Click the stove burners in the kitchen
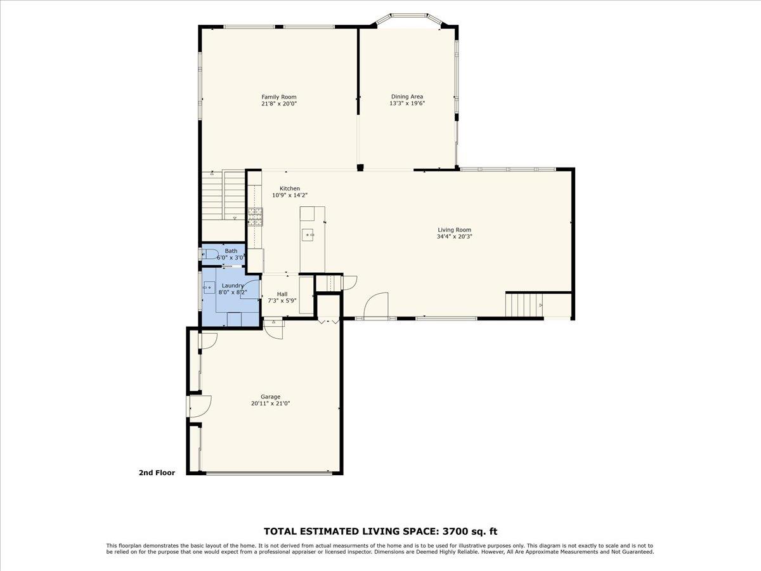[255, 217]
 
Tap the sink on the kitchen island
[308, 235]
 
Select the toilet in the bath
[210, 255]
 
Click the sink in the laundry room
[209, 288]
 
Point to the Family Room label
[279, 97]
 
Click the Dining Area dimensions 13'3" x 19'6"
[407, 103]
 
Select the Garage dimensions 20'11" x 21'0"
[270, 404]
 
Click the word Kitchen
[290, 188]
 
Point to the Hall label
[282, 294]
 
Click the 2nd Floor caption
[157, 473]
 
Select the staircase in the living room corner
[524, 305]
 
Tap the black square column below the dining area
[360, 167]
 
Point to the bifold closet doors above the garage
[328, 322]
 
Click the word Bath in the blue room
[231, 251]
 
